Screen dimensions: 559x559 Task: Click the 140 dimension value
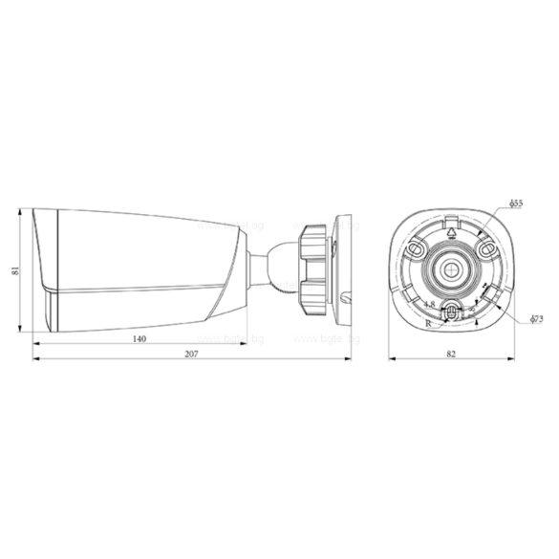(140, 338)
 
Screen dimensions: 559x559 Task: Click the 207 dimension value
(192, 355)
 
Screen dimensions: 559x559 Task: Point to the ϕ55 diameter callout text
(514, 204)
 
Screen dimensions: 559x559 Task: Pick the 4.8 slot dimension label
(429, 305)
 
